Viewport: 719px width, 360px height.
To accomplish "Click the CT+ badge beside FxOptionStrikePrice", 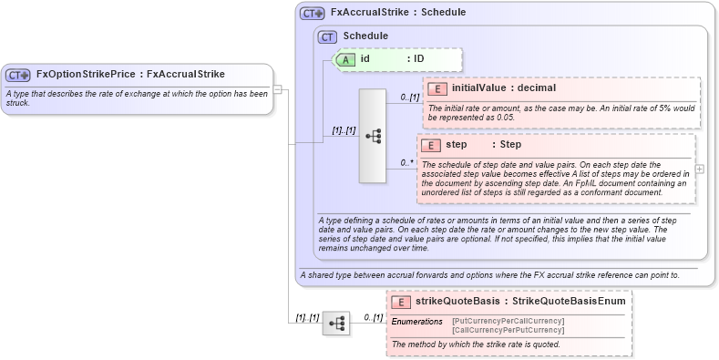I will [18, 75].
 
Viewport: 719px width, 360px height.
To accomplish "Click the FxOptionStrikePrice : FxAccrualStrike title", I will [129, 75].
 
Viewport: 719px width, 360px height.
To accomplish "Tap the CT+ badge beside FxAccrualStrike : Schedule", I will [313, 14].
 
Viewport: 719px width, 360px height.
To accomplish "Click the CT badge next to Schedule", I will [327, 36].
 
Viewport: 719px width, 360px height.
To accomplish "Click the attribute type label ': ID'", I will [416, 59].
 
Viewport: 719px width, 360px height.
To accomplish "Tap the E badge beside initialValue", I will [437, 88].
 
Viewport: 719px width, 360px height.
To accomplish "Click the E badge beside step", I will [431, 145].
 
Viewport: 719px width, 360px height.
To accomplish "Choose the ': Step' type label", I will [507, 145].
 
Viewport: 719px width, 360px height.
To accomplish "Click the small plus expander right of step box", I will [699, 169].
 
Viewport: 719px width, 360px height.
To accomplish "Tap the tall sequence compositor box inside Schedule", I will [373, 136].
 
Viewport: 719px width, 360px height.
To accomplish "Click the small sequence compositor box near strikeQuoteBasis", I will [336, 323].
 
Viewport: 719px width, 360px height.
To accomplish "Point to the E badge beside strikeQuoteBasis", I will [399, 302].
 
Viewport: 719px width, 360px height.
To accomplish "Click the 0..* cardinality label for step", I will [406, 163].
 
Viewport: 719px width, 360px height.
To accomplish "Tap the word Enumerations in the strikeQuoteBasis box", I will [417, 322].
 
